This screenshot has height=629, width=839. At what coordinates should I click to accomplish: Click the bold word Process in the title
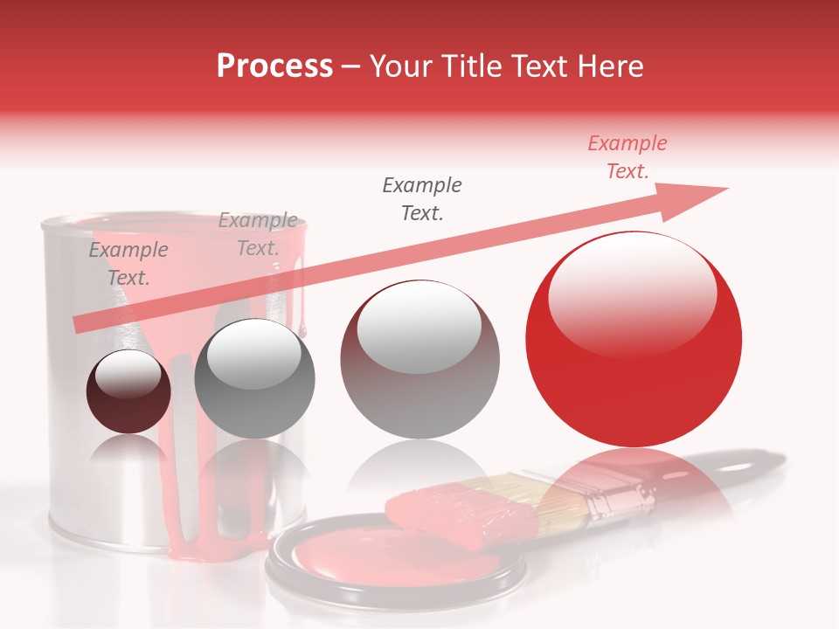click(274, 66)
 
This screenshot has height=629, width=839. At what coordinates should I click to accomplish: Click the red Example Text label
click(627, 157)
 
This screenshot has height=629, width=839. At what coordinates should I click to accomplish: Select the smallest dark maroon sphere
click(128, 391)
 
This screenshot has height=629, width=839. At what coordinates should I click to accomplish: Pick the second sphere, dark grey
click(254, 378)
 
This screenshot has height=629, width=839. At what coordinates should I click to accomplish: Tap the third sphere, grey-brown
click(419, 360)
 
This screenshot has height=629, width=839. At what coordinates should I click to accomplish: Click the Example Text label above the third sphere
click(422, 198)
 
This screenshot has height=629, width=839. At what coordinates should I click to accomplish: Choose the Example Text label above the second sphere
click(258, 234)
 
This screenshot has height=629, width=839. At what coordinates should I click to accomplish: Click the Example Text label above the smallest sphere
click(128, 264)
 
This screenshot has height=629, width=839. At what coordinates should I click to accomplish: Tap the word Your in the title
click(402, 66)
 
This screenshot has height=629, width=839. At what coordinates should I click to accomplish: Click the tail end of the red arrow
click(79, 324)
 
